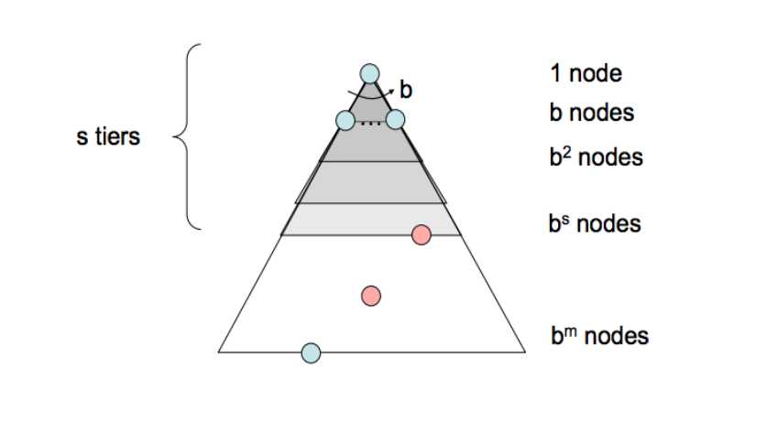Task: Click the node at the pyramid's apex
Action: coord(369,73)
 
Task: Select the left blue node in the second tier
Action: coord(345,120)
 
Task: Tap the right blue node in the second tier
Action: coord(395,119)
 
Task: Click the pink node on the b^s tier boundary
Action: coord(422,234)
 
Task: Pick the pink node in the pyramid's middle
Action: coord(371,295)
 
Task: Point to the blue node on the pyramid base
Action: coord(311,352)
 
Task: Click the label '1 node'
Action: coord(586,73)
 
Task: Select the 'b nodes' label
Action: coord(592,114)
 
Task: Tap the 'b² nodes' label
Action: coord(597,157)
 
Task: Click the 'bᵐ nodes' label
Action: coord(599,336)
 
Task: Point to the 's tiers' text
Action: coord(108,138)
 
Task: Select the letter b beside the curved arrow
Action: coord(406,90)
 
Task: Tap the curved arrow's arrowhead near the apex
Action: coord(392,87)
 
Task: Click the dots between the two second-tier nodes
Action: coord(370,123)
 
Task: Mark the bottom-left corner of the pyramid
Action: coord(219,351)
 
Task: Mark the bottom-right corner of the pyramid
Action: coord(525,351)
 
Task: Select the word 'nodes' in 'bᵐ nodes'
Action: coord(616,336)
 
